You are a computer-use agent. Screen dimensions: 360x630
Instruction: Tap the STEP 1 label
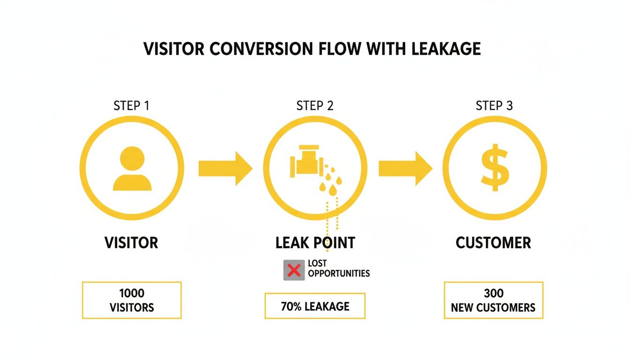[132, 105]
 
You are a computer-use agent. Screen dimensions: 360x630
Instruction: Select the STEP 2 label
[315, 105]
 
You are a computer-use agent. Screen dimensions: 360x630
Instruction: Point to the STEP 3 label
[495, 105]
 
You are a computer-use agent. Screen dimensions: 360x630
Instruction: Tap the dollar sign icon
[495, 168]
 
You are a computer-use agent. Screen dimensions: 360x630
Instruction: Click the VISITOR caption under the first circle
[131, 242]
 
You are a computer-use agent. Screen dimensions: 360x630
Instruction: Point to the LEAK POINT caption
[315, 242]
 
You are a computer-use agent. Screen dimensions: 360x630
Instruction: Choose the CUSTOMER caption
[494, 242]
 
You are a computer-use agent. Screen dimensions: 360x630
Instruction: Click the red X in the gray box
[294, 270]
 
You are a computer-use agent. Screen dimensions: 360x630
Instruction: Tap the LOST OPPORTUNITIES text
[338, 269]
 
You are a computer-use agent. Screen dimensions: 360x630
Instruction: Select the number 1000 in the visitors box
[132, 294]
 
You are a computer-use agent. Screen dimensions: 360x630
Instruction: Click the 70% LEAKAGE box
[315, 306]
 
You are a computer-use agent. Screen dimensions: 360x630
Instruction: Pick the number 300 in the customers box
[493, 294]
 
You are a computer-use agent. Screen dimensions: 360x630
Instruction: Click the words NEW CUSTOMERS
[493, 308]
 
